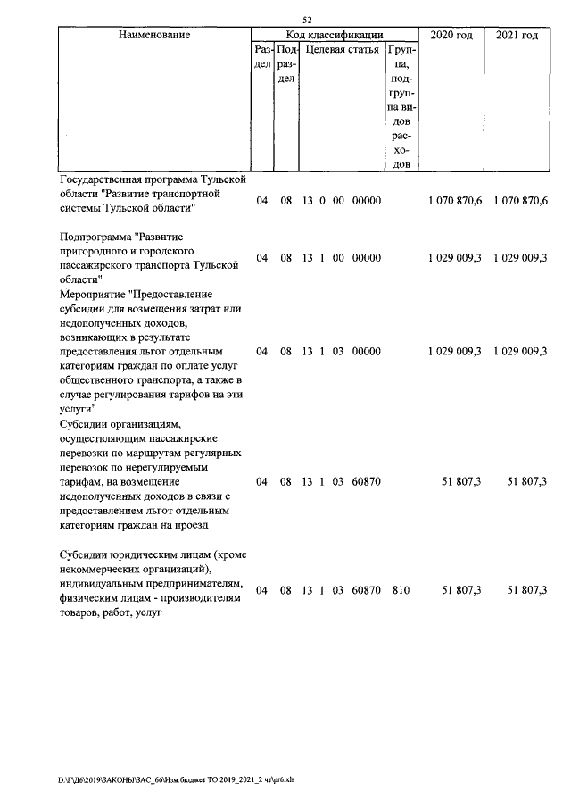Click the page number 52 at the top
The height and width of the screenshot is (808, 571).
(307, 20)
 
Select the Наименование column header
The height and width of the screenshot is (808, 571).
(154, 35)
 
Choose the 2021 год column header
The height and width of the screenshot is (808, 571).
(517, 35)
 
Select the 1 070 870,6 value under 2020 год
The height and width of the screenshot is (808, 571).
(455, 202)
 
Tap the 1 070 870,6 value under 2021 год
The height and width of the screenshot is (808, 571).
(520, 202)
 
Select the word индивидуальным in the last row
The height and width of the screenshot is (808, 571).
(106, 584)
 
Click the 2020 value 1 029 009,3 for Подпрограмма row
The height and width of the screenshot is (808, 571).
(455, 258)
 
